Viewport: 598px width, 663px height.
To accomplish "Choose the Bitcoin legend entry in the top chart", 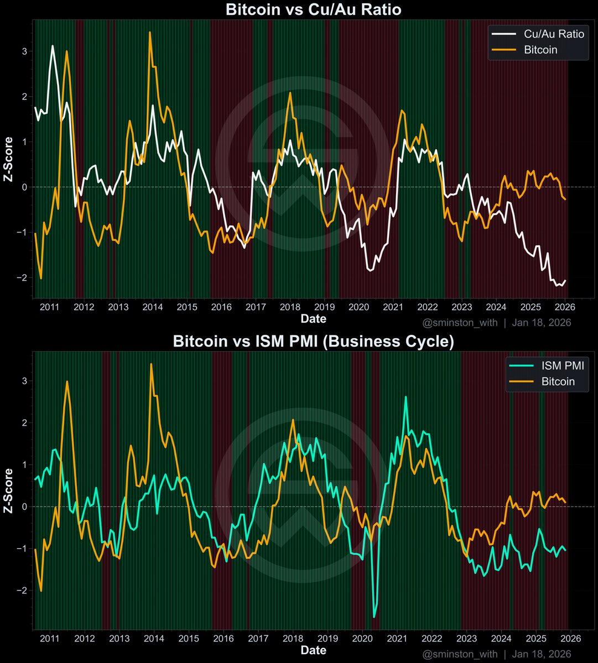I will pos(540,50).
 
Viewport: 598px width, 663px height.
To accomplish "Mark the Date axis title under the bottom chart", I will pos(313,650).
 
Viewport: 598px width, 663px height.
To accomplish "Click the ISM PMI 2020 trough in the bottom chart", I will pos(374,617).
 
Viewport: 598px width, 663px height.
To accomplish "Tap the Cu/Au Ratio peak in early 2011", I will pos(53,46).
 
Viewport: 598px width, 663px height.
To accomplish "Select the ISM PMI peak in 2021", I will pos(405,397).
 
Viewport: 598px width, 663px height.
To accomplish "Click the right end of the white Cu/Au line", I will pos(565,280).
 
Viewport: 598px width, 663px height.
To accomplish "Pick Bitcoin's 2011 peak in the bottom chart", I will pos(67,381).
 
